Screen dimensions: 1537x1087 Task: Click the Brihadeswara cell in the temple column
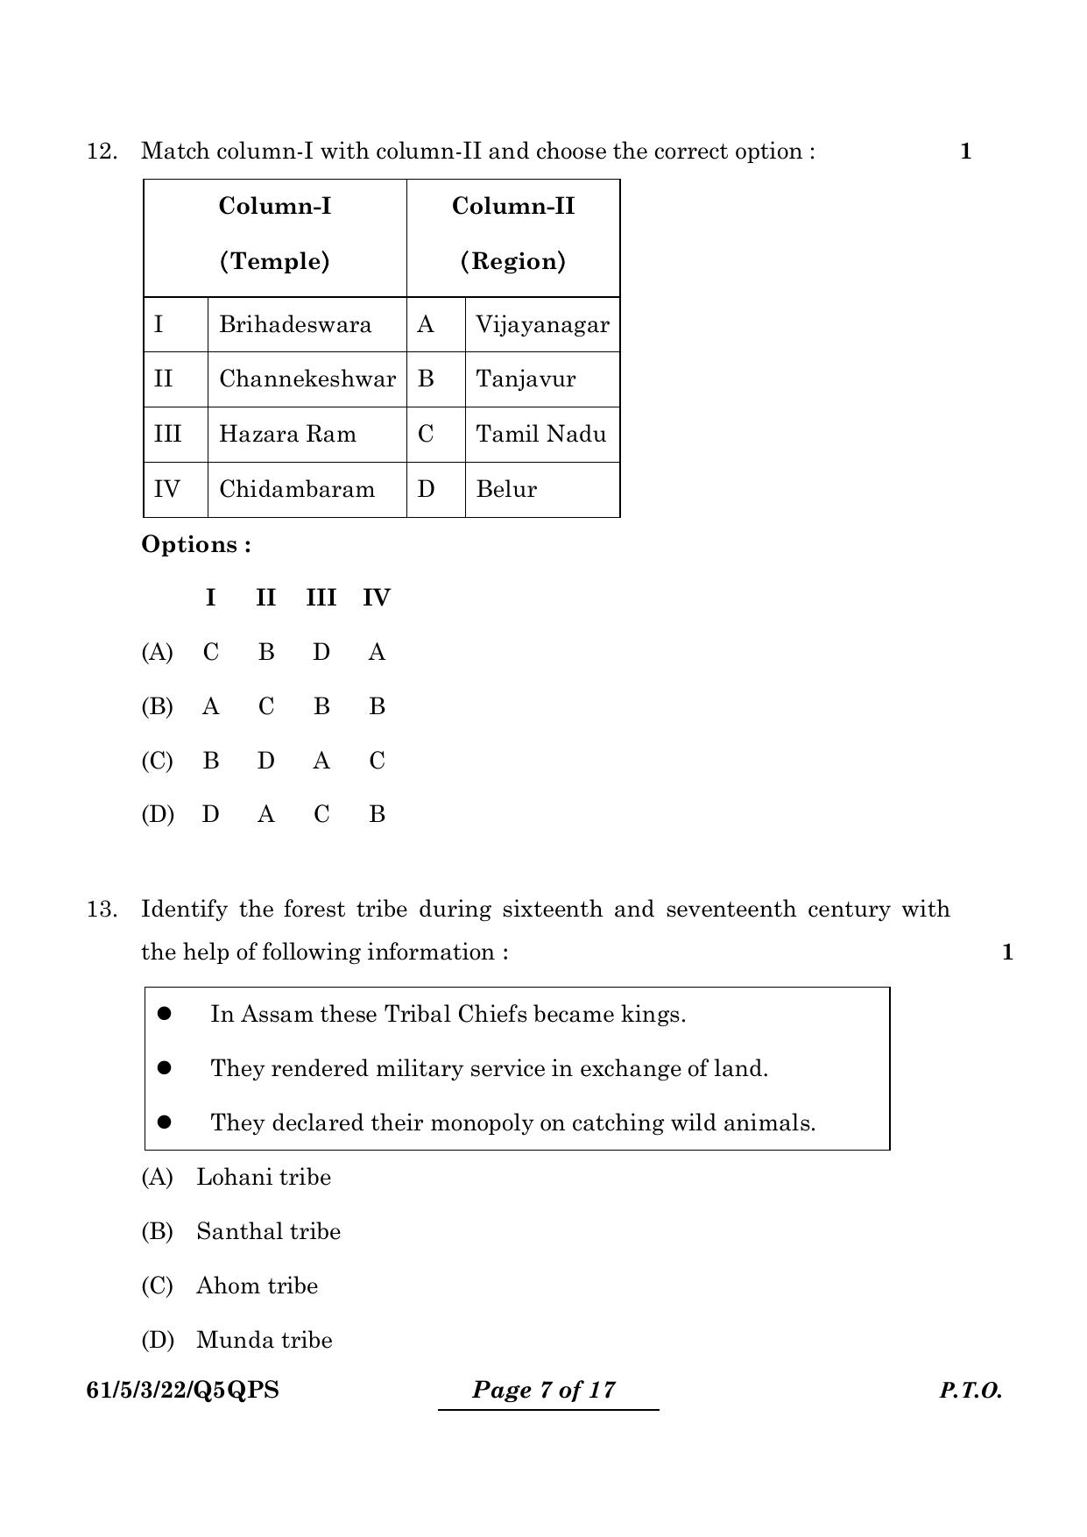[295, 325]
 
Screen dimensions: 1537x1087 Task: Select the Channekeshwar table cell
[307, 379]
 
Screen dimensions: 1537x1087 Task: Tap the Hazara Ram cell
[287, 435]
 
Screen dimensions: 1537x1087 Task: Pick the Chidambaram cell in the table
[297, 489]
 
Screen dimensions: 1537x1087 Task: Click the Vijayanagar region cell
[542, 325]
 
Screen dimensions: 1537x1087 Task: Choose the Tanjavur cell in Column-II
[526, 379]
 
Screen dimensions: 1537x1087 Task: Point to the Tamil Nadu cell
[540, 435]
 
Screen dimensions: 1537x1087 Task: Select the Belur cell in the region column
[506, 489]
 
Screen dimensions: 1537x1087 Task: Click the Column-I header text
[275, 207]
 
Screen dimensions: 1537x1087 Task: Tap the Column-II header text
[513, 207]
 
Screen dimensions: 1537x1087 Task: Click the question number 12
[102, 152]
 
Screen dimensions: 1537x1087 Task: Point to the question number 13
[102, 910]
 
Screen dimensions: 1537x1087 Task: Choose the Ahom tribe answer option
[257, 1286]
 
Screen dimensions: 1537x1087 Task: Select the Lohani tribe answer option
[263, 1177]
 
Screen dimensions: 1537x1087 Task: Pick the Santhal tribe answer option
[268, 1231]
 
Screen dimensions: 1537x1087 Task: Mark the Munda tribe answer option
[264, 1340]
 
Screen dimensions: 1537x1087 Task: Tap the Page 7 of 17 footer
[544, 1390]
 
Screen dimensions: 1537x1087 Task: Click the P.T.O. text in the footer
[971, 1391]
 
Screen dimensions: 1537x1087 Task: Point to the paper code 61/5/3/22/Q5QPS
[183, 1391]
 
